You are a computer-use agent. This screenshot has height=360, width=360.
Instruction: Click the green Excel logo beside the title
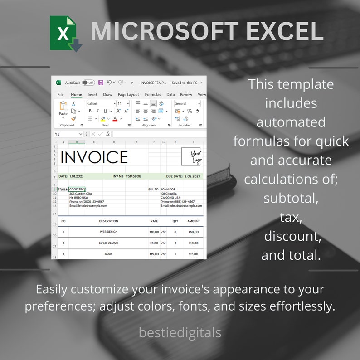(x=65, y=33)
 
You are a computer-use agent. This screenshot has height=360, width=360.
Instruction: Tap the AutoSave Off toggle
(x=88, y=83)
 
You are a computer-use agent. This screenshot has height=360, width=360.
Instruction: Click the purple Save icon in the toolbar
(x=101, y=83)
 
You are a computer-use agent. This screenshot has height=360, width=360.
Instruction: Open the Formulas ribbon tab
(x=153, y=95)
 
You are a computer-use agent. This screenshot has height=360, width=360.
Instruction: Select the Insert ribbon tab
(x=92, y=95)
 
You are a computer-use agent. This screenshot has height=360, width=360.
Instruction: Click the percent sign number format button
(x=190, y=111)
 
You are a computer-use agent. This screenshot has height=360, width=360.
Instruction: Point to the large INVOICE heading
(x=94, y=157)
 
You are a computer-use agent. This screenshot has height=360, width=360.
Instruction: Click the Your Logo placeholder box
(x=191, y=157)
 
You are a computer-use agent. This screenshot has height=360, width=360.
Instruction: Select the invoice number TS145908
(x=133, y=176)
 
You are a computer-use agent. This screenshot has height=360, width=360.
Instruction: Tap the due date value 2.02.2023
(x=192, y=176)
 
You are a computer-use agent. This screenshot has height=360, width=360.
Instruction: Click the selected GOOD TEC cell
(x=77, y=189)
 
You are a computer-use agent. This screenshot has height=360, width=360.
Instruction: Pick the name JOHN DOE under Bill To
(x=168, y=189)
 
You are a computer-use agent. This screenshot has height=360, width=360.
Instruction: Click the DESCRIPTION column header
(x=108, y=221)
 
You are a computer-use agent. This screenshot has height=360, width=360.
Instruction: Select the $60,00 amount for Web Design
(x=194, y=232)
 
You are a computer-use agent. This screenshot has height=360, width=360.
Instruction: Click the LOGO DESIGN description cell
(x=108, y=243)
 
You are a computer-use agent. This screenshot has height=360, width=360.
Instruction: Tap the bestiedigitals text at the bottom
(x=180, y=333)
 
